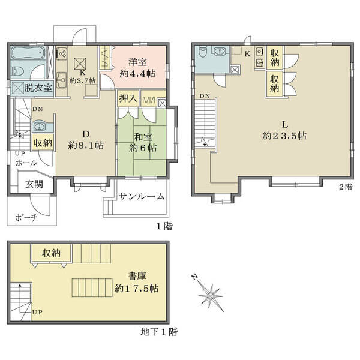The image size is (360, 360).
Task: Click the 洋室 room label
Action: (x=137, y=62)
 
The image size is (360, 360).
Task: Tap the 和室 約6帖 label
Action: (x=143, y=142)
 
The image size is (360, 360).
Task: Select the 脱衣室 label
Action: (x=38, y=88)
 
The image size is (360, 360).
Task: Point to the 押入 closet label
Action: (x=128, y=98)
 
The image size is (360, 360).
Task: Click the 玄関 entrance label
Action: (x=34, y=184)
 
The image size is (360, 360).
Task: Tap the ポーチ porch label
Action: (x=26, y=217)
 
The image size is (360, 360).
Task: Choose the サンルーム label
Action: (x=142, y=197)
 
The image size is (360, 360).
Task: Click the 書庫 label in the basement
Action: (x=137, y=276)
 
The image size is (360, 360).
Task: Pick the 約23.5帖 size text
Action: (x=284, y=136)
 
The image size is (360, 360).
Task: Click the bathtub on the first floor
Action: (x=28, y=53)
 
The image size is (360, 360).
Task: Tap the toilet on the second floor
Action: (x=203, y=52)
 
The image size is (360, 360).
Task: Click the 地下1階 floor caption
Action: (x=159, y=332)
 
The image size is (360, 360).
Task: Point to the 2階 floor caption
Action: (x=346, y=187)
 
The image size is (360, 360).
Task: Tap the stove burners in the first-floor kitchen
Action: (x=62, y=53)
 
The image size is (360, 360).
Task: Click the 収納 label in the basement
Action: (x=51, y=253)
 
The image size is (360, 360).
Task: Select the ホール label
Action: (x=26, y=163)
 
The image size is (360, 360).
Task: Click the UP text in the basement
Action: (x=37, y=312)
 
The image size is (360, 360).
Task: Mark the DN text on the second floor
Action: (x=205, y=96)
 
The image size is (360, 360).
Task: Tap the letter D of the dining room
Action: (x=86, y=134)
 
